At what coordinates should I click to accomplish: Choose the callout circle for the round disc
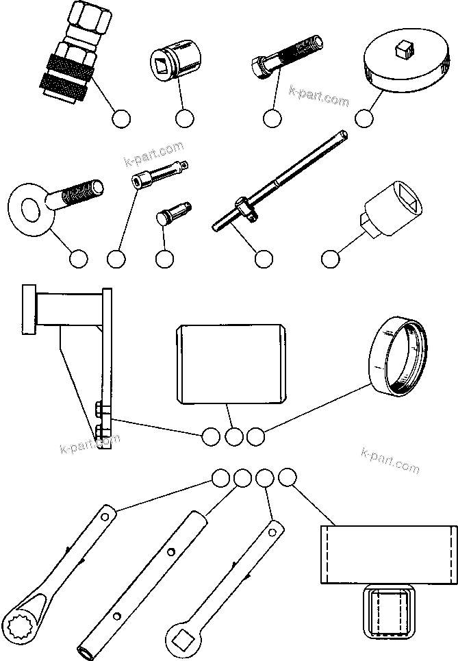[365, 118]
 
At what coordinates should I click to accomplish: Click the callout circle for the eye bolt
[79, 259]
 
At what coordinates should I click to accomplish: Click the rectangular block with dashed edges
[388, 554]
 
